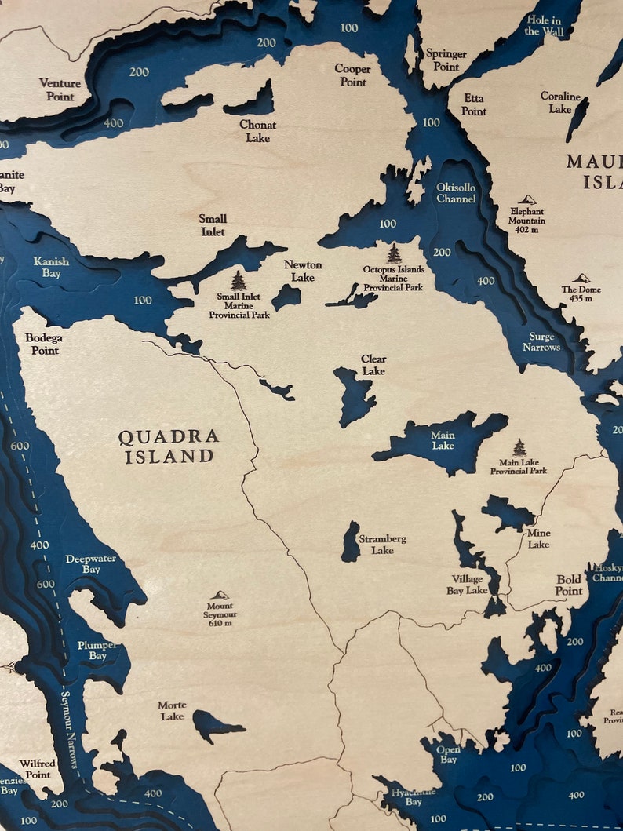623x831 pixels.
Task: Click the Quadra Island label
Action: [x=169, y=446]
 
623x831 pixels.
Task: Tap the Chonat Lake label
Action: [x=257, y=131]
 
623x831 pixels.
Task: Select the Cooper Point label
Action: [x=352, y=75]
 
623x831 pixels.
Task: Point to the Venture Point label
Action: [x=60, y=89]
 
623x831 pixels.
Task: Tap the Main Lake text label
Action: [x=443, y=440]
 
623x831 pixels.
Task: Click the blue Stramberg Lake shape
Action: [x=351, y=542]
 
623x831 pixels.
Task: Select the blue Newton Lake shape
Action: [x=286, y=297]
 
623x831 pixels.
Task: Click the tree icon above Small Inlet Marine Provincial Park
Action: [x=238, y=280]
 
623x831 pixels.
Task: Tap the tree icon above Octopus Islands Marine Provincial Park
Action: [x=394, y=253]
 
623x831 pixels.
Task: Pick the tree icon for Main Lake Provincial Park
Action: [x=519, y=447]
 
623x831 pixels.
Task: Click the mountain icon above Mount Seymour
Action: [x=220, y=595]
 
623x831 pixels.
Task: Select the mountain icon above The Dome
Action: [x=581, y=279]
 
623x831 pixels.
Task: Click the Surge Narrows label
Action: [x=541, y=341]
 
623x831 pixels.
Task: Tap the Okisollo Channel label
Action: [x=456, y=193]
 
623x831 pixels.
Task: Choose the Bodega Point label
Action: [x=42, y=344]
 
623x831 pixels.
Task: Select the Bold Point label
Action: [x=569, y=585]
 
